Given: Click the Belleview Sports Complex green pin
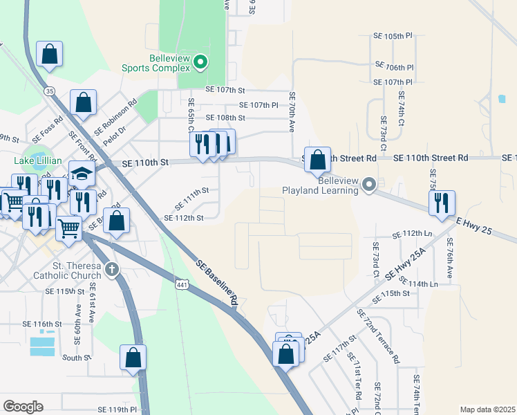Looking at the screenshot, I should [x=200, y=63].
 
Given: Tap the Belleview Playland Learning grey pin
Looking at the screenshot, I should [x=369, y=184].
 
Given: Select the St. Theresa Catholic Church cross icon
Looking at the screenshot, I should [x=113, y=268].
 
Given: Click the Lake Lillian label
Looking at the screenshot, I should [x=38, y=161].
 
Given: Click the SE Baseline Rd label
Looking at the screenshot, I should [x=217, y=283].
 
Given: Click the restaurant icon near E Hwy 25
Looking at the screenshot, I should [x=441, y=203].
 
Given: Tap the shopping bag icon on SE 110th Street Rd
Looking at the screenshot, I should [x=317, y=160].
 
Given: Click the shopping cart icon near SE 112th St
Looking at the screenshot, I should [x=68, y=228].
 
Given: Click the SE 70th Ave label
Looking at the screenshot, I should [x=292, y=113].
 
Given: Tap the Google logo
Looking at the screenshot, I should [x=23, y=406].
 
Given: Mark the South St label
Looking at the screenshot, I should [x=76, y=358].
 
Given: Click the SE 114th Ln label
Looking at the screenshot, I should [x=423, y=284].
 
